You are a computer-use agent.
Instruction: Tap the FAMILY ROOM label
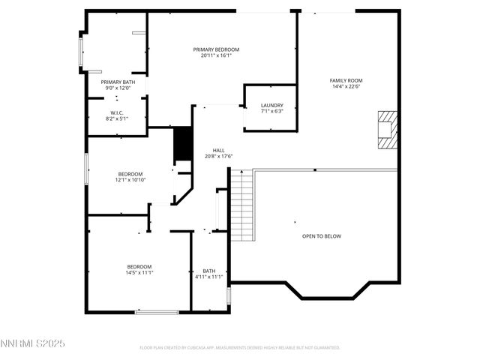[346, 80]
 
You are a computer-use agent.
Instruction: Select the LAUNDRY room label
[271, 105]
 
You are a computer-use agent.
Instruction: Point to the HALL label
[218, 150]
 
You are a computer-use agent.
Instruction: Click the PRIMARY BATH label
[118, 82]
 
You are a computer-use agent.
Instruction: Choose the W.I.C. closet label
[116, 112]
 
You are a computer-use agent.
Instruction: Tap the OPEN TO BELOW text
[321, 236]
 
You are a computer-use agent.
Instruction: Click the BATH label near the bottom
[208, 271]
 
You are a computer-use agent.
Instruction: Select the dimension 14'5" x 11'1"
[139, 273]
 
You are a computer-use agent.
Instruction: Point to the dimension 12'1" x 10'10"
[130, 180]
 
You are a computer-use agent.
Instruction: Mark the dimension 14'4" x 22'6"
[346, 86]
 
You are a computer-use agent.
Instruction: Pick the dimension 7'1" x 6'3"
[271, 111]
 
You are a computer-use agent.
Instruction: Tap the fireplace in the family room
[386, 129]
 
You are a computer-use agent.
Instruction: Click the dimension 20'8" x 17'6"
[218, 156]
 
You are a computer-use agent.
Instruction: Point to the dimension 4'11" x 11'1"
[208, 277]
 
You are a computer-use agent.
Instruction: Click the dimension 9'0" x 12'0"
[118, 88]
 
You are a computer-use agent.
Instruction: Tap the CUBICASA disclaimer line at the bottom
[240, 348]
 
